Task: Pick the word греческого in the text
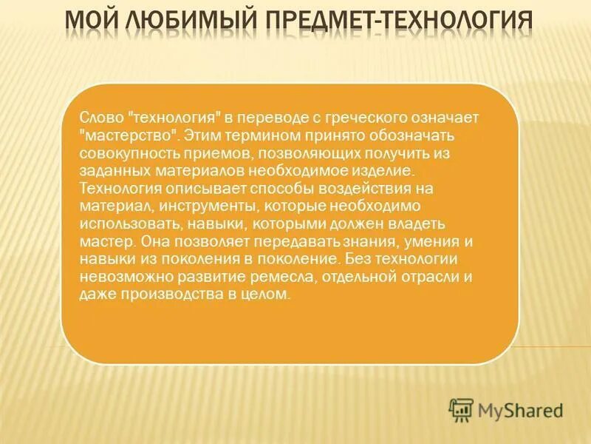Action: (x=365, y=118)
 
